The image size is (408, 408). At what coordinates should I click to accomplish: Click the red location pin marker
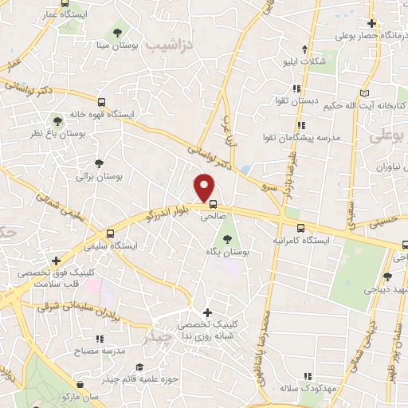(206, 187)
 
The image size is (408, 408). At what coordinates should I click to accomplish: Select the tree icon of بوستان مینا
(118, 33)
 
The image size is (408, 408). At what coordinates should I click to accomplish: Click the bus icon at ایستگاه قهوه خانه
(101, 101)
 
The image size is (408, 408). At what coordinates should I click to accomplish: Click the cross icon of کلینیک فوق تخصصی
(55, 261)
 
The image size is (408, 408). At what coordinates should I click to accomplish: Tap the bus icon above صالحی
(212, 203)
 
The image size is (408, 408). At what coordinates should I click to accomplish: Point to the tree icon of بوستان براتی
(99, 162)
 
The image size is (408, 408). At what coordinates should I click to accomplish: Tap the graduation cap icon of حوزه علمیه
(139, 367)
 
